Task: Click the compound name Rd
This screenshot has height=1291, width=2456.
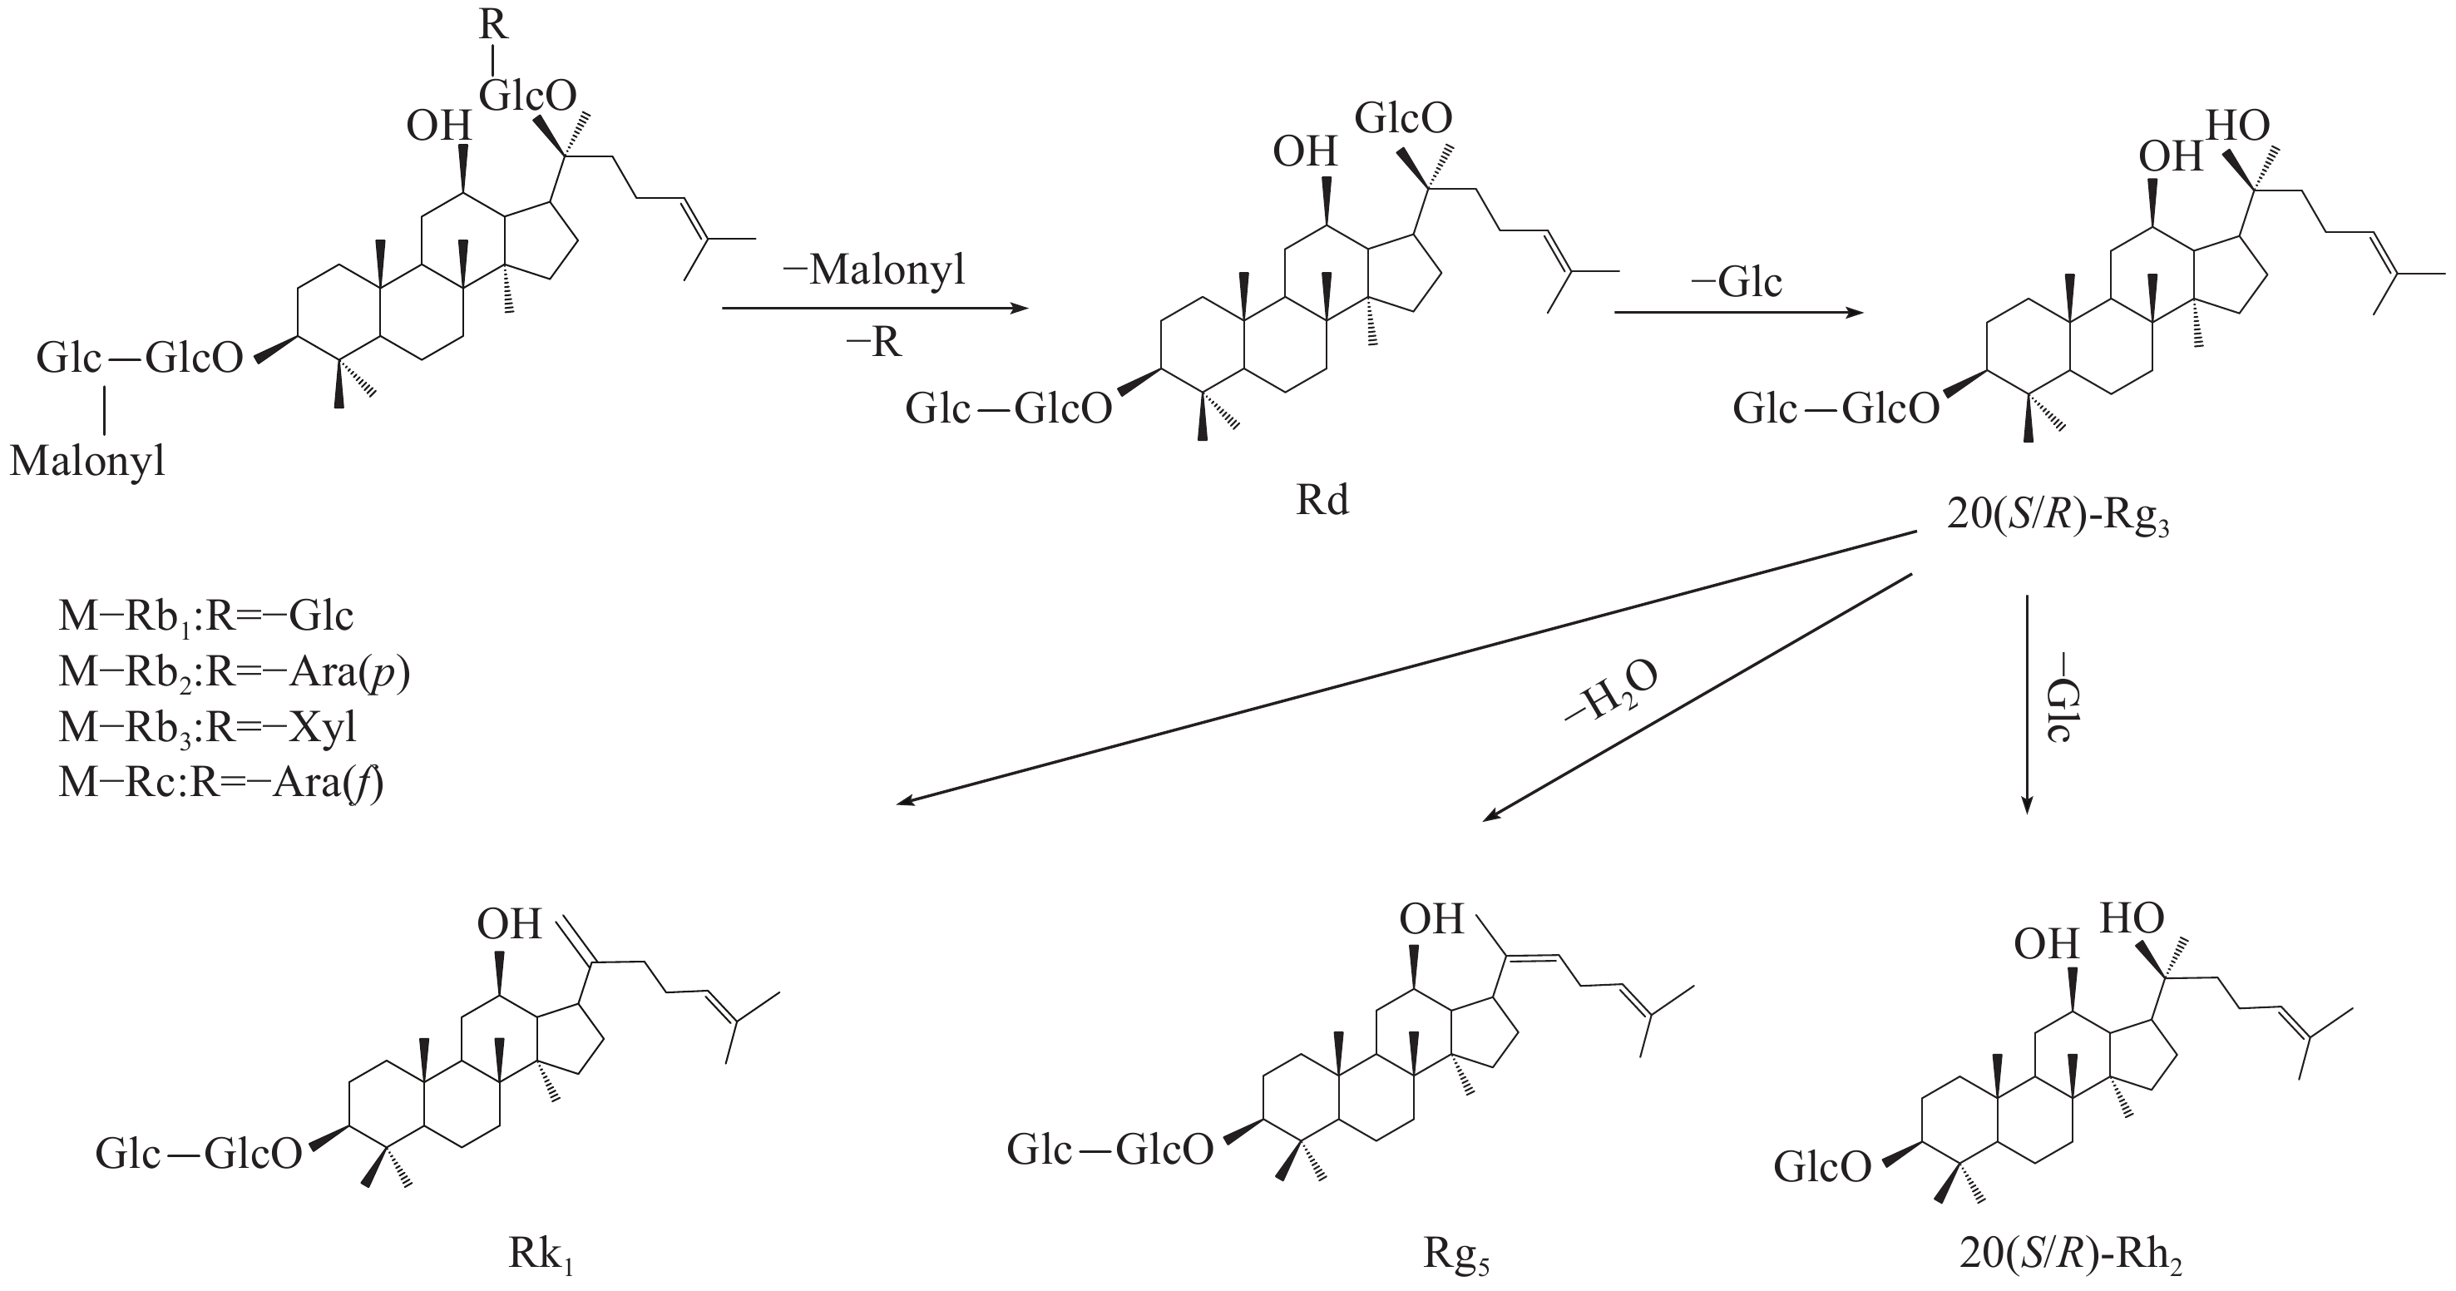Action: (x=1322, y=501)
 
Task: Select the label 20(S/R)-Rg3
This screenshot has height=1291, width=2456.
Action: (x=2057, y=519)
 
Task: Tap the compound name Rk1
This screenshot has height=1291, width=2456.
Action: (x=541, y=1256)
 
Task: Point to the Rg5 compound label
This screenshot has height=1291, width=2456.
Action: (x=1455, y=1256)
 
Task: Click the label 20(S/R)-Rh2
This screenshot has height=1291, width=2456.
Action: (x=2070, y=1256)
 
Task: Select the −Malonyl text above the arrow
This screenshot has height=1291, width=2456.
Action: (x=873, y=270)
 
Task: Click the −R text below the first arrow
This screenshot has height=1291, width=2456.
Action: (x=873, y=341)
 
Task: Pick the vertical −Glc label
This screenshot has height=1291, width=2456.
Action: (x=2058, y=710)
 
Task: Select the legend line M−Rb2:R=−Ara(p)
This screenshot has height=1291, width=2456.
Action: (x=234, y=673)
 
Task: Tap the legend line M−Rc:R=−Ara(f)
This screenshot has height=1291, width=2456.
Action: (x=220, y=783)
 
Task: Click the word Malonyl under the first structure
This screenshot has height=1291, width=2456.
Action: (x=87, y=462)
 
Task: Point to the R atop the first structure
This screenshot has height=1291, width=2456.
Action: (x=493, y=25)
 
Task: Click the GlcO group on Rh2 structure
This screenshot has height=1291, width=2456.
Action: (x=1822, y=1166)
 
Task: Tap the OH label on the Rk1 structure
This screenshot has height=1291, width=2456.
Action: (x=509, y=924)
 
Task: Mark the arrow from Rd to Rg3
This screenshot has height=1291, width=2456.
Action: (x=1737, y=312)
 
